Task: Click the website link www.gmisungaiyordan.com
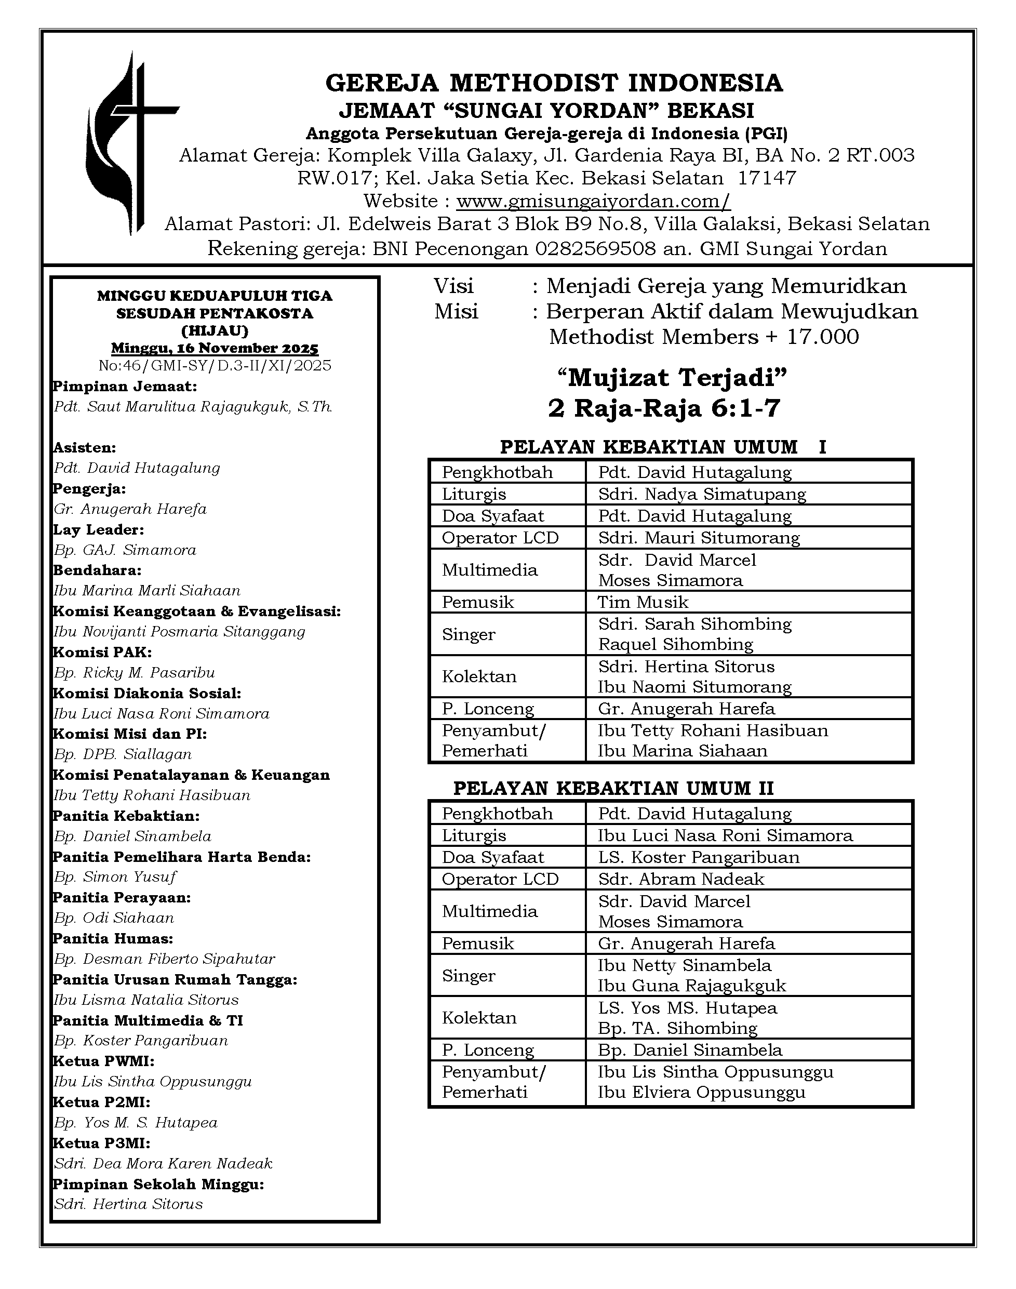click(x=593, y=201)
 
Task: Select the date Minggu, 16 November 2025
click(x=215, y=348)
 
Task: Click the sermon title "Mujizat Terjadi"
click(x=672, y=377)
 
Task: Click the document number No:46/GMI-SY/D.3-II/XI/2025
click(x=215, y=365)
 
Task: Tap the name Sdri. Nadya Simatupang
click(x=702, y=494)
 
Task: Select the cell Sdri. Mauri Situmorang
click(x=699, y=538)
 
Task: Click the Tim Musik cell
click(x=643, y=602)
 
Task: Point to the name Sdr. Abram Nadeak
click(x=681, y=879)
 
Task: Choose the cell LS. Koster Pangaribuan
click(x=699, y=857)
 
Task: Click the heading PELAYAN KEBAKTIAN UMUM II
click(x=613, y=789)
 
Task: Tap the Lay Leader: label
click(x=99, y=529)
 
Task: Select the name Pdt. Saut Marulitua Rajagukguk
click(x=193, y=407)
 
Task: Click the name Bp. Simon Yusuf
click(x=115, y=877)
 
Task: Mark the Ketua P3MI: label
click(x=102, y=1143)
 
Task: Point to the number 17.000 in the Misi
click(x=823, y=337)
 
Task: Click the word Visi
click(x=453, y=286)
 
